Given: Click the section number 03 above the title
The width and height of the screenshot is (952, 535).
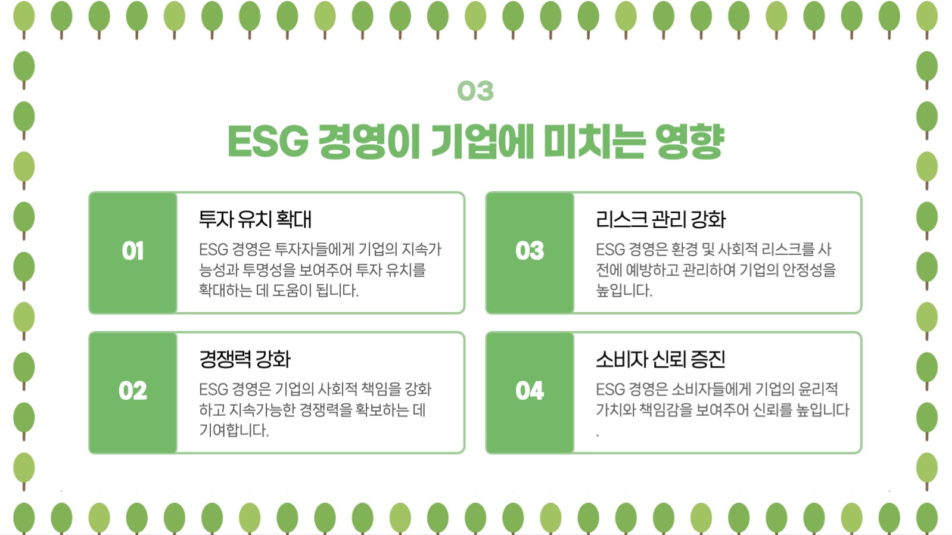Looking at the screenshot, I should (x=475, y=91).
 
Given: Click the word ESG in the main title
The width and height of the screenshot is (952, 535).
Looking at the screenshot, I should (x=267, y=142).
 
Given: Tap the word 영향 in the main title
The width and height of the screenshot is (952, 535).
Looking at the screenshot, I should (x=689, y=142).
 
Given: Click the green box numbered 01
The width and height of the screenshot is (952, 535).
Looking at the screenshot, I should (x=133, y=251).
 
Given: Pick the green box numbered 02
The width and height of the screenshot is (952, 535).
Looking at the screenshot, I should (x=133, y=391).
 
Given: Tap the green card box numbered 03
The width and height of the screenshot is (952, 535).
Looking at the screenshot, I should (x=530, y=251).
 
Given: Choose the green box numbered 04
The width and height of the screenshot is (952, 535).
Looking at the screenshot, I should (x=530, y=391).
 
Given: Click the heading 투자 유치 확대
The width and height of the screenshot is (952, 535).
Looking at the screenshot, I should (x=255, y=219).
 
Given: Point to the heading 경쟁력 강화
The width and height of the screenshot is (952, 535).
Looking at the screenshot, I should (x=245, y=359).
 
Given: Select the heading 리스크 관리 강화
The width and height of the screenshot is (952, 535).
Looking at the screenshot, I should (x=661, y=219).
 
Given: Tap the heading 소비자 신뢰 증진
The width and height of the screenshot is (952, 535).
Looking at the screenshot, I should (x=661, y=359).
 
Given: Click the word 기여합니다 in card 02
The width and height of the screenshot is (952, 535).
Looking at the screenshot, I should (x=234, y=430).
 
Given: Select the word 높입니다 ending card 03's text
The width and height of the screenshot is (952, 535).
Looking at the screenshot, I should (x=624, y=291).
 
